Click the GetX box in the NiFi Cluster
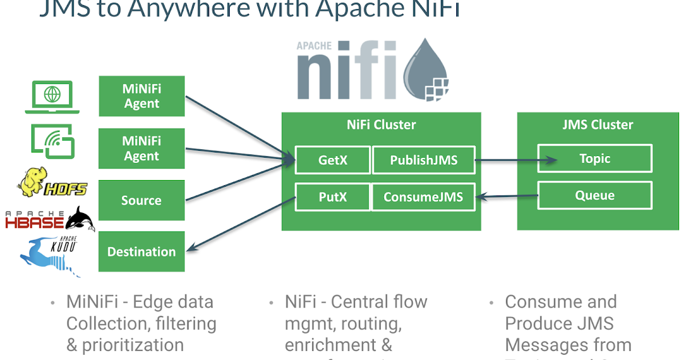[x=332, y=161]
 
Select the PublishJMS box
[x=424, y=161]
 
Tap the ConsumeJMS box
[x=423, y=197]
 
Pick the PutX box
[x=332, y=197]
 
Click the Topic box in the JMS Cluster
[x=595, y=158]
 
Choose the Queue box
[x=595, y=195]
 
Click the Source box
[x=141, y=201]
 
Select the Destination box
[x=141, y=251]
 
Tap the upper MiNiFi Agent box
[x=141, y=96]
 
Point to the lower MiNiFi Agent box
[x=141, y=149]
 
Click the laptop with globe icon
[x=53, y=97]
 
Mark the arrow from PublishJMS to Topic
[x=515, y=161]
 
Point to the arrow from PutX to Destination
[x=240, y=223]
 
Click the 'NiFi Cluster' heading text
[x=381, y=125]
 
